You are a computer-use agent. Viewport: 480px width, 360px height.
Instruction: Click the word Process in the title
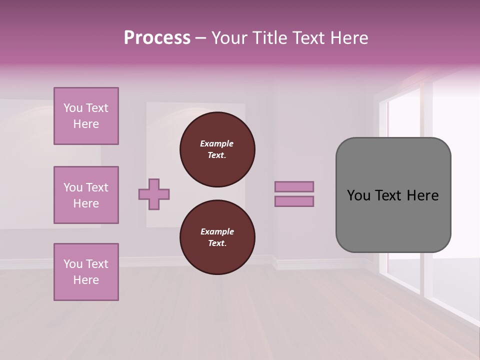click(x=157, y=38)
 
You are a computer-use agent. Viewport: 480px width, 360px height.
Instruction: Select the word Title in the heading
click(x=269, y=38)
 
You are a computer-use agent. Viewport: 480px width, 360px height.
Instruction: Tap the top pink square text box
click(x=86, y=116)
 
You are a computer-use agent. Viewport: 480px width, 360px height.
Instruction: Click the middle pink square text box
click(x=86, y=195)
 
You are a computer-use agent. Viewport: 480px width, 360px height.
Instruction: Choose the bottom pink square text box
click(x=86, y=272)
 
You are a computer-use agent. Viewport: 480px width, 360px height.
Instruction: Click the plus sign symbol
click(x=154, y=194)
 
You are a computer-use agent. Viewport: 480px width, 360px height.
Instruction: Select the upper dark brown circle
click(x=217, y=149)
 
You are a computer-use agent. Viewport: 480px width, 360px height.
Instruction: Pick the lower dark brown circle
click(x=217, y=237)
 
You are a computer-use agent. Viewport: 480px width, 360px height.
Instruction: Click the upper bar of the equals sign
click(x=294, y=186)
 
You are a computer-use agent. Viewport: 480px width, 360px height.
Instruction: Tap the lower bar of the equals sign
click(x=294, y=201)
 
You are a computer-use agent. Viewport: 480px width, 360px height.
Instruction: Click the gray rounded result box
click(x=393, y=195)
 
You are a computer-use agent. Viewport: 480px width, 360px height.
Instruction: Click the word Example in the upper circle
click(x=217, y=143)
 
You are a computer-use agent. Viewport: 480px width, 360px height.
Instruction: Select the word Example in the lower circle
click(x=217, y=231)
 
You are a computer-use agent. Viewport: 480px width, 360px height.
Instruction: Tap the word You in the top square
click(x=73, y=108)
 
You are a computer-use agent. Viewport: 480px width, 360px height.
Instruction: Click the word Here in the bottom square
click(x=86, y=280)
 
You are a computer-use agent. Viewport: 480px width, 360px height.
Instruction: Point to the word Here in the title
click(x=349, y=38)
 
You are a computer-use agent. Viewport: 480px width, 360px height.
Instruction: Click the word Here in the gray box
click(x=422, y=195)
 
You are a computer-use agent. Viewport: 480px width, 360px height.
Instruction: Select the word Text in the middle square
click(x=97, y=187)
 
